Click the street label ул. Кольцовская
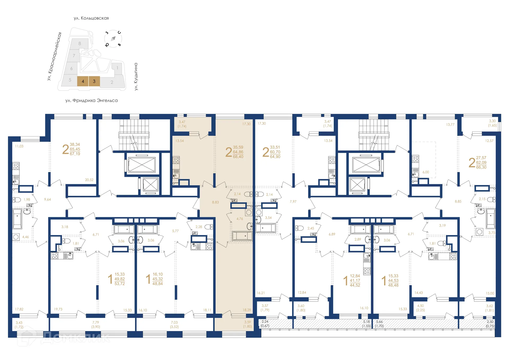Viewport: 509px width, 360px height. pos(91,18)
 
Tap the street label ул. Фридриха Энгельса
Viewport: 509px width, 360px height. pos(91,100)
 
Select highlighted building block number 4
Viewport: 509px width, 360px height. pos(83,81)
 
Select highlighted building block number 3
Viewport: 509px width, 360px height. pos(94,81)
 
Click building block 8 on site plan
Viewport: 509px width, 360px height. pos(80,43)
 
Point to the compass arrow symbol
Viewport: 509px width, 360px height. pos(113,39)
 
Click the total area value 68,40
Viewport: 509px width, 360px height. pos(238,157)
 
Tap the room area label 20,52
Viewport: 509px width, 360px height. pos(89,180)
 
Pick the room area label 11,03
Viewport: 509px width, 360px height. pos(19,146)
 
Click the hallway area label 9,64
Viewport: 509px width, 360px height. pos(47,199)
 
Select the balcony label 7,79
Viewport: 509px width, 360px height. pos(96,323)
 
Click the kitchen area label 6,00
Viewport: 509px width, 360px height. pos(426,172)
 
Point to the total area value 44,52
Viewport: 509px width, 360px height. pos(355,285)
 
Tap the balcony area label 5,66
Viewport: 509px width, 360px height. pos(379,322)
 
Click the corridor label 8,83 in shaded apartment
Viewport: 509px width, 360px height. pos(216,202)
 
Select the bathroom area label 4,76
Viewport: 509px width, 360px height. pos(240,219)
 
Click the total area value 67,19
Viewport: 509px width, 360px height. pos(75,154)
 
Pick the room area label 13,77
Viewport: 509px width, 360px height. pos(450,124)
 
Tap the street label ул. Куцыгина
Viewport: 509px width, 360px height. pos(136,77)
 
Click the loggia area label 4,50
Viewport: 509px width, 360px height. pos(420,306)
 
